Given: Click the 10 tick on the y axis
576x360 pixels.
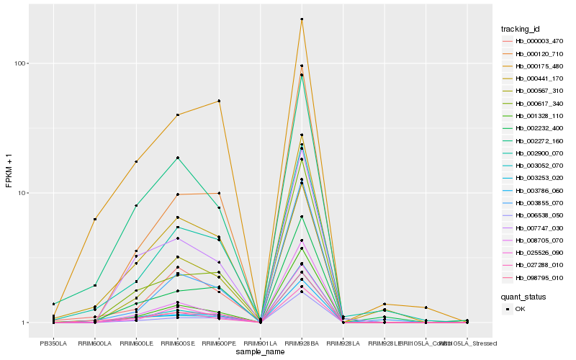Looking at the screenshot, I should [21, 193].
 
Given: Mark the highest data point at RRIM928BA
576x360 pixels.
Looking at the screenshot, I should [302, 19].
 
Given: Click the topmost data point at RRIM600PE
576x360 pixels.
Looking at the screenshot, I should [219, 101].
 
